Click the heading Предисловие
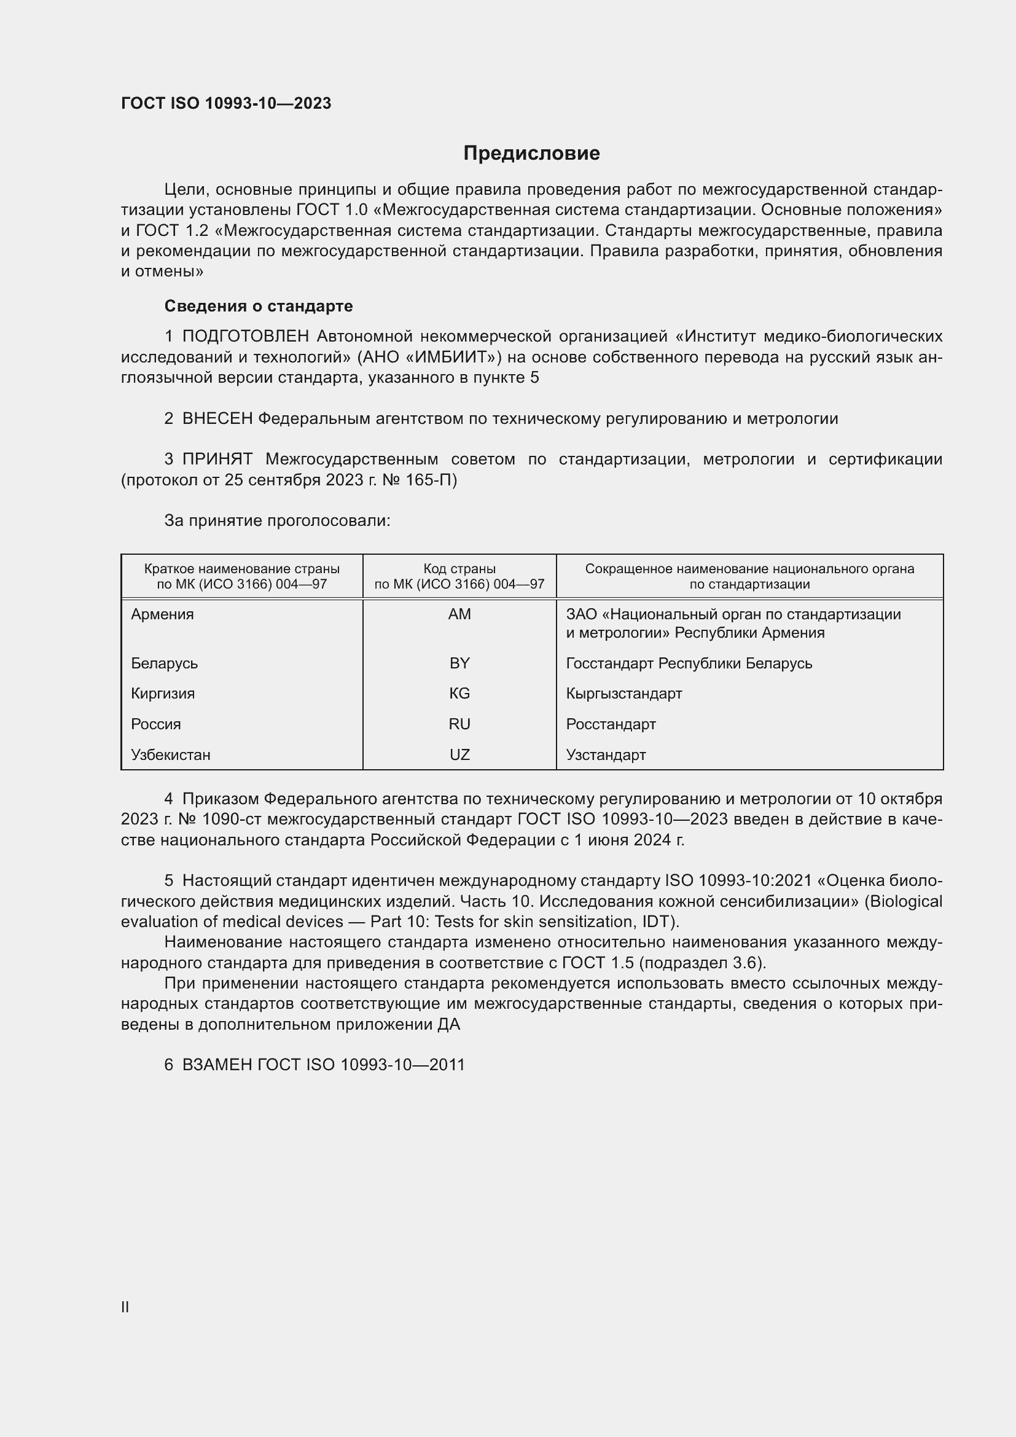pyautogui.click(x=531, y=154)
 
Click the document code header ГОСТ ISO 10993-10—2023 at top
pyautogui.click(x=226, y=103)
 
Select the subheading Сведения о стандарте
pyautogui.click(x=259, y=306)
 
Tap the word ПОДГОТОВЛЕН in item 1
pyautogui.click(x=245, y=337)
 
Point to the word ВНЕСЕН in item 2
pyautogui.click(x=217, y=419)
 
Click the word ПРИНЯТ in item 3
pyautogui.click(x=217, y=460)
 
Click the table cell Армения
pyautogui.click(x=163, y=614)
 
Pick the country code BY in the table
pyautogui.click(x=459, y=664)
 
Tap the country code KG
pyautogui.click(x=459, y=694)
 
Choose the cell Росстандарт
pyautogui.click(x=611, y=724)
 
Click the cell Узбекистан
pyautogui.click(x=171, y=755)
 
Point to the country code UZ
pyautogui.click(x=459, y=755)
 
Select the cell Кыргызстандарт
pyautogui.click(x=623, y=694)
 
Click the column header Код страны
pyautogui.click(x=459, y=569)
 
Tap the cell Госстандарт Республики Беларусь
pyautogui.click(x=689, y=664)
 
